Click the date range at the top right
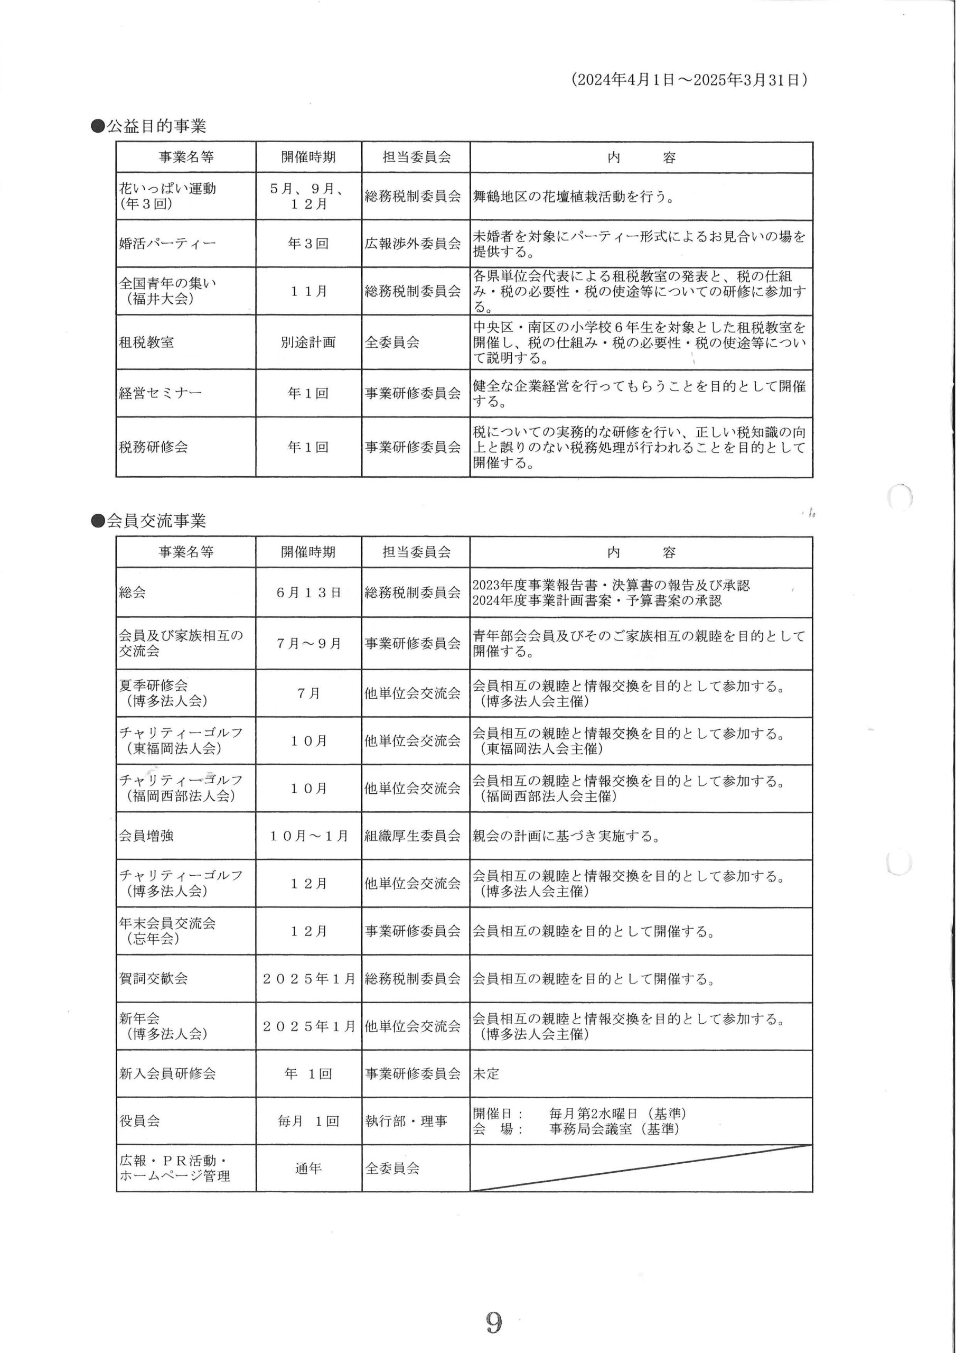click(x=689, y=80)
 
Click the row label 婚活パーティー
click(x=167, y=243)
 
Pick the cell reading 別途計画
click(x=308, y=342)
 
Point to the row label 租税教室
click(x=147, y=342)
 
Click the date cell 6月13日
click(x=308, y=593)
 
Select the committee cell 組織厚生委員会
click(x=413, y=836)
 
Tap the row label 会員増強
click(x=147, y=836)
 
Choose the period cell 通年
click(x=308, y=1169)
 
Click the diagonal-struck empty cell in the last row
click(x=641, y=1169)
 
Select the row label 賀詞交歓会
click(x=154, y=979)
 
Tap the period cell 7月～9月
click(x=308, y=644)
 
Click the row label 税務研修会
click(x=154, y=447)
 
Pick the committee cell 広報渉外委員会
click(x=413, y=243)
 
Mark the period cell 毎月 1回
click(x=308, y=1122)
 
